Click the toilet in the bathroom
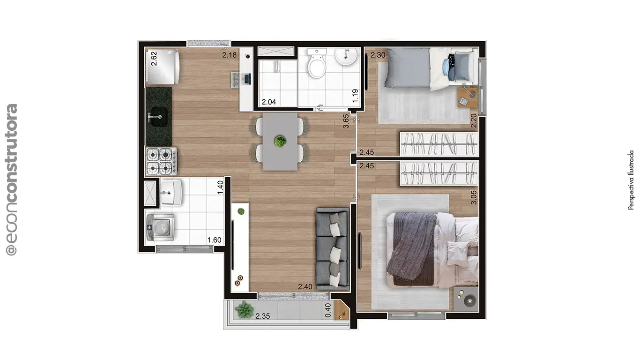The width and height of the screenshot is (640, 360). click(x=317, y=63)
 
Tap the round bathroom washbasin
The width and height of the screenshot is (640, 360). click(x=346, y=56)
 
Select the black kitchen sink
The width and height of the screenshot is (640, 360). click(x=159, y=117)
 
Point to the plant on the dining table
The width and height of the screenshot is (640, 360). click(x=280, y=142)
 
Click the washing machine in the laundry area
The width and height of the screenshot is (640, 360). click(x=160, y=228)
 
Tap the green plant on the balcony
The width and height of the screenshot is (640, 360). click(x=244, y=309)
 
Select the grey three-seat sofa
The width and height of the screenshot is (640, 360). click(x=333, y=249)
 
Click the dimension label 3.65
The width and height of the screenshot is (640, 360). click(x=346, y=121)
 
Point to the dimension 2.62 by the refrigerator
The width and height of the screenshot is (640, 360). click(x=154, y=59)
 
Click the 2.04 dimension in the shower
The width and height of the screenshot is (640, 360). click(x=269, y=102)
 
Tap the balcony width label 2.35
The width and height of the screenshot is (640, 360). click(x=262, y=316)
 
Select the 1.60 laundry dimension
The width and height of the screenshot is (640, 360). click(x=214, y=240)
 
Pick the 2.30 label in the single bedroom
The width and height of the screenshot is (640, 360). click(x=378, y=55)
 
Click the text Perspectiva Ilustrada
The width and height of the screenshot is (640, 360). click(x=631, y=180)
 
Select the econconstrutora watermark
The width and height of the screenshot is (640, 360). click(x=12, y=180)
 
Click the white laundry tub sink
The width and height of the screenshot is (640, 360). click(x=171, y=193)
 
